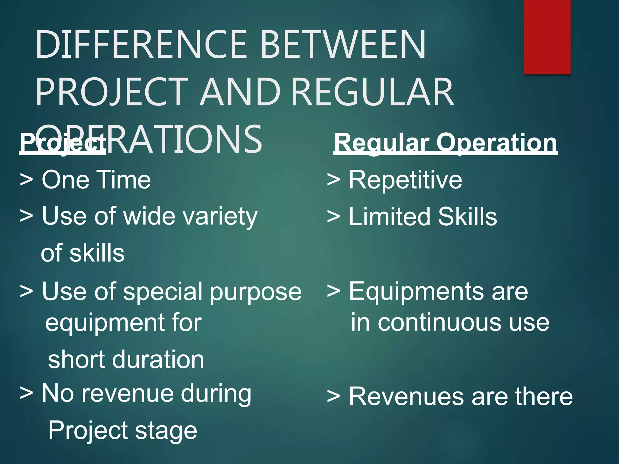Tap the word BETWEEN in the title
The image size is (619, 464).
tap(343, 44)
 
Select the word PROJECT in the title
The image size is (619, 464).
tap(112, 92)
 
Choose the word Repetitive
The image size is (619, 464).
tap(405, 180)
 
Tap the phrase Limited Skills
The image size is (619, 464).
tap(423, 217)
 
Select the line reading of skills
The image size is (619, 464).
tap(83, 253)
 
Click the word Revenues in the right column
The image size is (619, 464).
tap(406, 396)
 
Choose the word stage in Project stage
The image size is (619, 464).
tap(166, 431)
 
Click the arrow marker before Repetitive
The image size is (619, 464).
tap(334, 180)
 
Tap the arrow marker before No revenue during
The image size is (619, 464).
tap(26, 393)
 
